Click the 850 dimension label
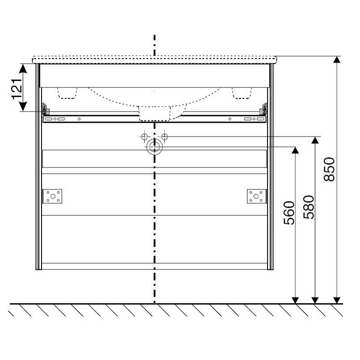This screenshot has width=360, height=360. click(x=329, y=169)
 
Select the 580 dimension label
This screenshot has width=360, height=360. click(x=309, y=207)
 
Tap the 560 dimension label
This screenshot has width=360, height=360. click(x=289, y=213)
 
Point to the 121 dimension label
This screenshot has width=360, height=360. click(x=17, y=89)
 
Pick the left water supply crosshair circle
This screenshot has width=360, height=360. click(x=144, y=137)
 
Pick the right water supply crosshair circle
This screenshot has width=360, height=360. click(x=164, y=137)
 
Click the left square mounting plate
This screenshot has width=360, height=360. click(x=53, y=196)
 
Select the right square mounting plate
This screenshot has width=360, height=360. click(x=256, y=196)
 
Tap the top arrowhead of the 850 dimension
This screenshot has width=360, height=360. click(x=337, y=59)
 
